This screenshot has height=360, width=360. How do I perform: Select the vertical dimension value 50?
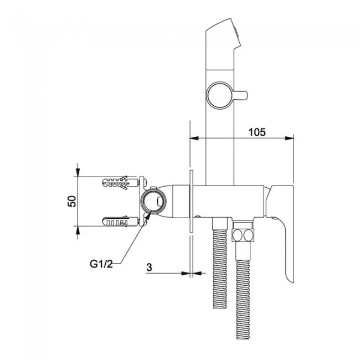tap(71, 201)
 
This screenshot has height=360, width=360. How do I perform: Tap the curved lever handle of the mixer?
tap(287, 244)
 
